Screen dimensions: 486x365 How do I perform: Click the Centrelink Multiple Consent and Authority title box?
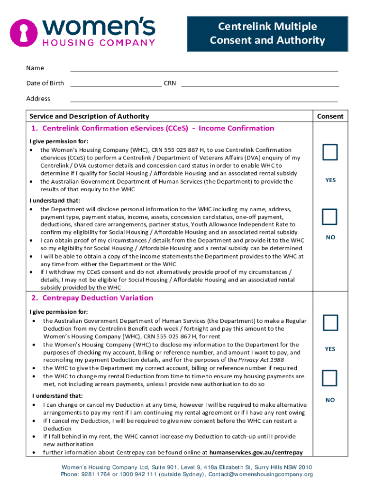[267, 33]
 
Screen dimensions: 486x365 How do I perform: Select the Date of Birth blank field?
[116, 84]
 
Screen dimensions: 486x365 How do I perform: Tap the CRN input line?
[260, 84]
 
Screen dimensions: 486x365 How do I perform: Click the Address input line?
[204, 99]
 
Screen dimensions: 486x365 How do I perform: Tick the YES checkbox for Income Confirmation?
[330, 153]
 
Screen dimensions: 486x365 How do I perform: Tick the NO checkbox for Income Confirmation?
[330, 216]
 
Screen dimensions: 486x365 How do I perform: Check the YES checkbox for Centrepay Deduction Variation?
[330, 322]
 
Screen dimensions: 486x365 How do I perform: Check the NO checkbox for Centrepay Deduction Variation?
[330, 378]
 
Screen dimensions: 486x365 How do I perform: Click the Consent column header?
[330, 116]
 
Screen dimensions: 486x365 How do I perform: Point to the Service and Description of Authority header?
[89, 116]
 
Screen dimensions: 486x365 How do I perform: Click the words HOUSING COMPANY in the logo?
[99, 42]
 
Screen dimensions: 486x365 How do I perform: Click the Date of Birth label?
[45, 84]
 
